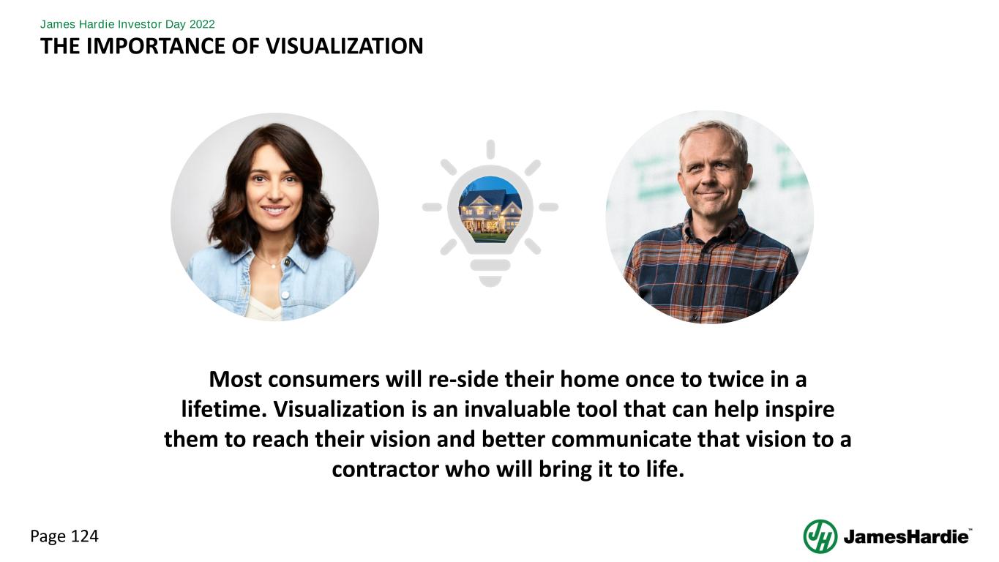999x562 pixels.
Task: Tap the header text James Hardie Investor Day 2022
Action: point(127,24)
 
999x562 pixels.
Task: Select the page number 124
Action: point(85,536)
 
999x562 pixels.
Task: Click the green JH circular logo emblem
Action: point(820,536)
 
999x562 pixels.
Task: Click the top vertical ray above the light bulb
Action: point(490,149)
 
